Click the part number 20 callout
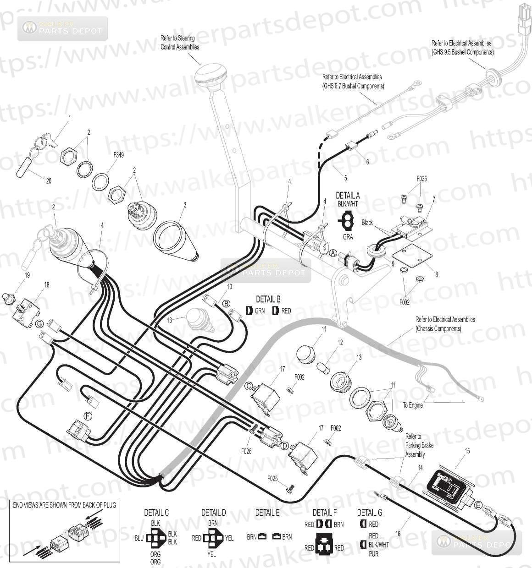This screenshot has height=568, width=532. [49, 180]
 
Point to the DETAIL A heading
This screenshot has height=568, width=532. [348, 195]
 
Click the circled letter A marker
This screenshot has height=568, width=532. [333, 252]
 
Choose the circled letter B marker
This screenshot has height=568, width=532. [226, 303]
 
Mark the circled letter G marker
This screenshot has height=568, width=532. [40, 324]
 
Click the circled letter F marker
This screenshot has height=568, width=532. [88, 415]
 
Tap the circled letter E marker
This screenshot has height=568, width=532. [479, 506]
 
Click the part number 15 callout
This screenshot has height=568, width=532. [467, 451]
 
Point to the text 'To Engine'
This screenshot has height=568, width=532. [413, 405]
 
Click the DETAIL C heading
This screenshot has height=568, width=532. [156, 513]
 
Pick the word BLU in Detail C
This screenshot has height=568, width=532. [139, 538]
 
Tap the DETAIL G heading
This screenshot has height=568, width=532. [370, 513]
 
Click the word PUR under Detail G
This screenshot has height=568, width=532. [374, 553]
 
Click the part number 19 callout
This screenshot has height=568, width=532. [27, 275]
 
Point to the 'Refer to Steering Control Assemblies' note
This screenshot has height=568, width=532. [180, 43]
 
